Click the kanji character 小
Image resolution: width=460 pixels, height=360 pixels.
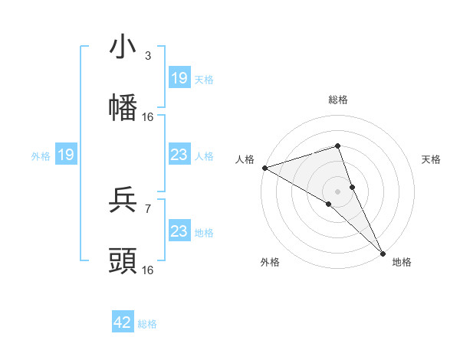(x=123, y=47)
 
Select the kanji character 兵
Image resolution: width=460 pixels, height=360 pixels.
(x=123, y=201)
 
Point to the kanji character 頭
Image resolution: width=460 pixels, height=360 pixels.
(x=123, y=261)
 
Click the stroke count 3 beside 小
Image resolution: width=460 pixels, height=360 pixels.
(x=148, y=56)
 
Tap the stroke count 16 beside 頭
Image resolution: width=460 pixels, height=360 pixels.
(x=148, y=270)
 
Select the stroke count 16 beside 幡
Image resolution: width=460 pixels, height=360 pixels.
(x=148, y=116)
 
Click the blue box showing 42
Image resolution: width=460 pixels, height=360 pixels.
(x=123, y=323)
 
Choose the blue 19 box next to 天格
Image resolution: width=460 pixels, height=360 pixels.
(x=179, y=78)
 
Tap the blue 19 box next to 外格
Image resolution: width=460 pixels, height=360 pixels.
(x=66, y=155)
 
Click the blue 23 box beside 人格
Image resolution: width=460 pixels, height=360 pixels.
(x=179, y=155)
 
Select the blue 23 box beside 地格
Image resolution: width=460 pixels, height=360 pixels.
(x=179, y=231)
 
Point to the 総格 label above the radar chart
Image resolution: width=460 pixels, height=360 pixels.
(x=338, y=100)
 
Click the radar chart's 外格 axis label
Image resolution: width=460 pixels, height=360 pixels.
(x=270, y=262)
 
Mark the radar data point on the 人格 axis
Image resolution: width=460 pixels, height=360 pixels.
(x=264, y=167)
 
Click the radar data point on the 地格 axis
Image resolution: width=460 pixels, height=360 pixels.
(x=383, y=252)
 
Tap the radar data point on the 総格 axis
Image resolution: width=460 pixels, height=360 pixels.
(x=338, y=146)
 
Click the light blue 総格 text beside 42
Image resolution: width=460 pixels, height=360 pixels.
(x=147, y=324)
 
